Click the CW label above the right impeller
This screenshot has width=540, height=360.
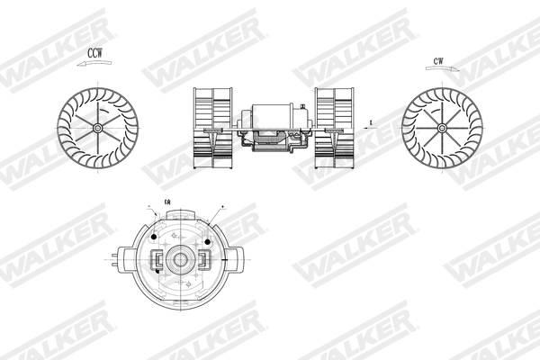438,61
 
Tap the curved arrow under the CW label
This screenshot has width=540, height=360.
438,70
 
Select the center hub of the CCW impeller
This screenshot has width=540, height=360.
97,127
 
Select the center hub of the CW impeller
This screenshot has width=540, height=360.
442,128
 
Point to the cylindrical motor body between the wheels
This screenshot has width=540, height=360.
273,115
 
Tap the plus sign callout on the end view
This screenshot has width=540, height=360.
222,206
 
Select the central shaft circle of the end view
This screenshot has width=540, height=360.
180,260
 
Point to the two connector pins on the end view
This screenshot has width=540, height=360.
114,261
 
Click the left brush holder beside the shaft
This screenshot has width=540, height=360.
157,260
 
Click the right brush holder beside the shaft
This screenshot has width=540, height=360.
203,260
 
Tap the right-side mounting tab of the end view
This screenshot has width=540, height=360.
236,261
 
